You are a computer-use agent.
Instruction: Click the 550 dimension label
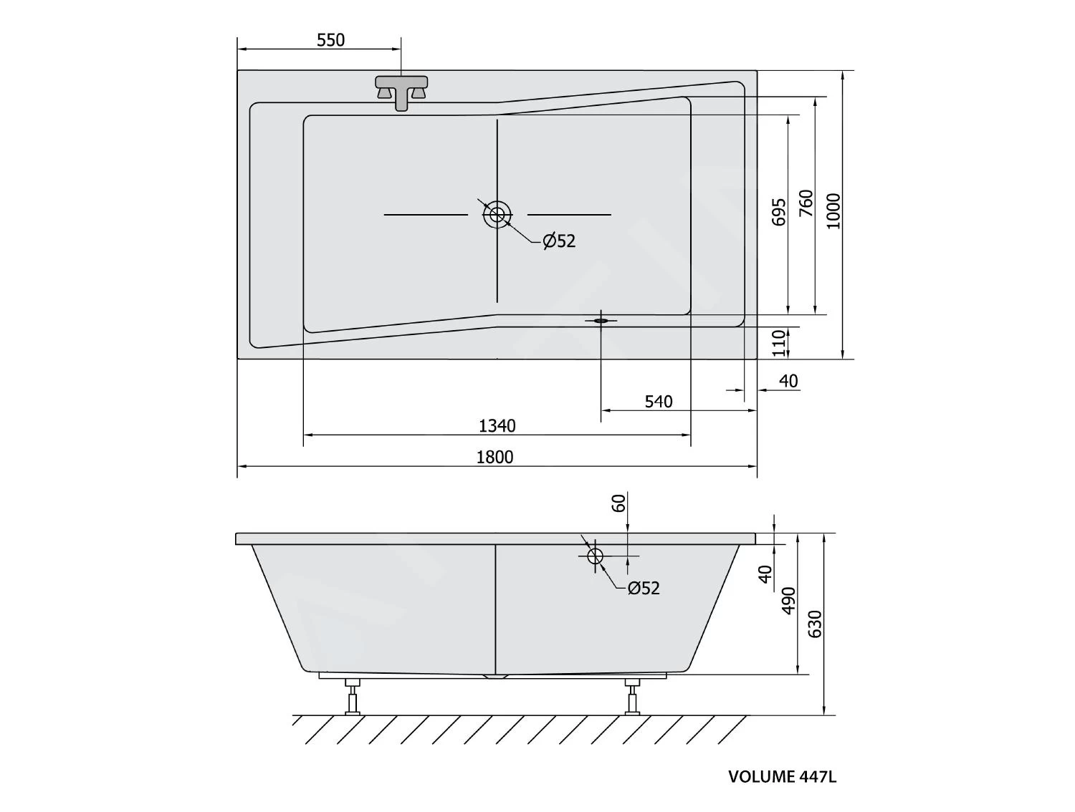pos(330,40)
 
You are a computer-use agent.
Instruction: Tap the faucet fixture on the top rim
pos(401,92)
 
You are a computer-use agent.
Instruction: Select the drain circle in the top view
pos(497,214)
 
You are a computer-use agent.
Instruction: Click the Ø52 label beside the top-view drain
pos(559,241)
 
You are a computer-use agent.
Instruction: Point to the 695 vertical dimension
pos(779,212)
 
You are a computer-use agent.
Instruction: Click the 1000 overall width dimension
pos(833,211)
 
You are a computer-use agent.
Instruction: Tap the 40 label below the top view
pos(788,381)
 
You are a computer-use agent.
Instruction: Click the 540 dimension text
pos(658,402)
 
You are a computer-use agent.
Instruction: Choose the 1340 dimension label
pos(497,426)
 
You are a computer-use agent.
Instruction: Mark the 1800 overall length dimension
pos(495,457)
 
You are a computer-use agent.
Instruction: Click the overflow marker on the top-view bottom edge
pos(601,321)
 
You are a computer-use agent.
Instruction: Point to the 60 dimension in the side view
pos(620,503)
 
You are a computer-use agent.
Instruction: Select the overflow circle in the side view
pos(595,556)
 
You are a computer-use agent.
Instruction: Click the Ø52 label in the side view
pos(643,589)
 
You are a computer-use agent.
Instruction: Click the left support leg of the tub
pos(352,696)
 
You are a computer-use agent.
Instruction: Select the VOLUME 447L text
pos(782,777)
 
